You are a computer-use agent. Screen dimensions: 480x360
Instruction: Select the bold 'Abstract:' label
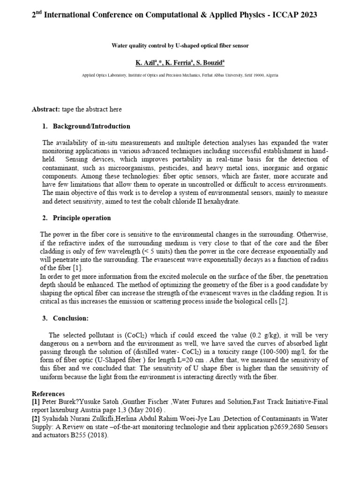point(45,109)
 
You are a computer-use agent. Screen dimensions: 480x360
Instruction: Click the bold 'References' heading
point(48,393)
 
